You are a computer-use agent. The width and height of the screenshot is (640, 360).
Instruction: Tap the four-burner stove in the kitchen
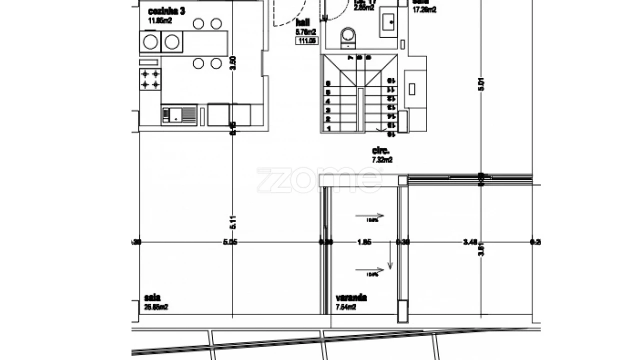(150, 79)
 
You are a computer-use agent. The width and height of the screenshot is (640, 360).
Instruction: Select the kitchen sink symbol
(178, 115)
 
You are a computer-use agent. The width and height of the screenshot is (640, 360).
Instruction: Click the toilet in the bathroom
(347, 37)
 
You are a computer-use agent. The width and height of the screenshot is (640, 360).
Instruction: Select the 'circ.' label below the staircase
(380, 150)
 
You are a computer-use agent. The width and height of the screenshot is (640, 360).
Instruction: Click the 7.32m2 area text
(382, 160)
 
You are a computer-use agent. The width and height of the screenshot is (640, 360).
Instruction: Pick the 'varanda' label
(351, 298)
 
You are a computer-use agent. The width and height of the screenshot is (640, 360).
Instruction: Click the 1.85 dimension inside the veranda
(364, 242)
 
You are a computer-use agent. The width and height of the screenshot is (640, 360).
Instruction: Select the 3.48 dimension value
(469, 242)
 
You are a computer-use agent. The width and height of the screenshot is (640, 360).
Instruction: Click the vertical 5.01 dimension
(481, 84)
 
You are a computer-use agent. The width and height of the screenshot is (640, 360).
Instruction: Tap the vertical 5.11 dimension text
(232, 221)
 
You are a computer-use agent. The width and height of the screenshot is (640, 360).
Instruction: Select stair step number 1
(328, 128)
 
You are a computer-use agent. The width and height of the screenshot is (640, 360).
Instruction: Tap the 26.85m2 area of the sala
(156, 307)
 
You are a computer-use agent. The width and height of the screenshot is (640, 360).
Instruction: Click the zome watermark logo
(319, 180)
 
